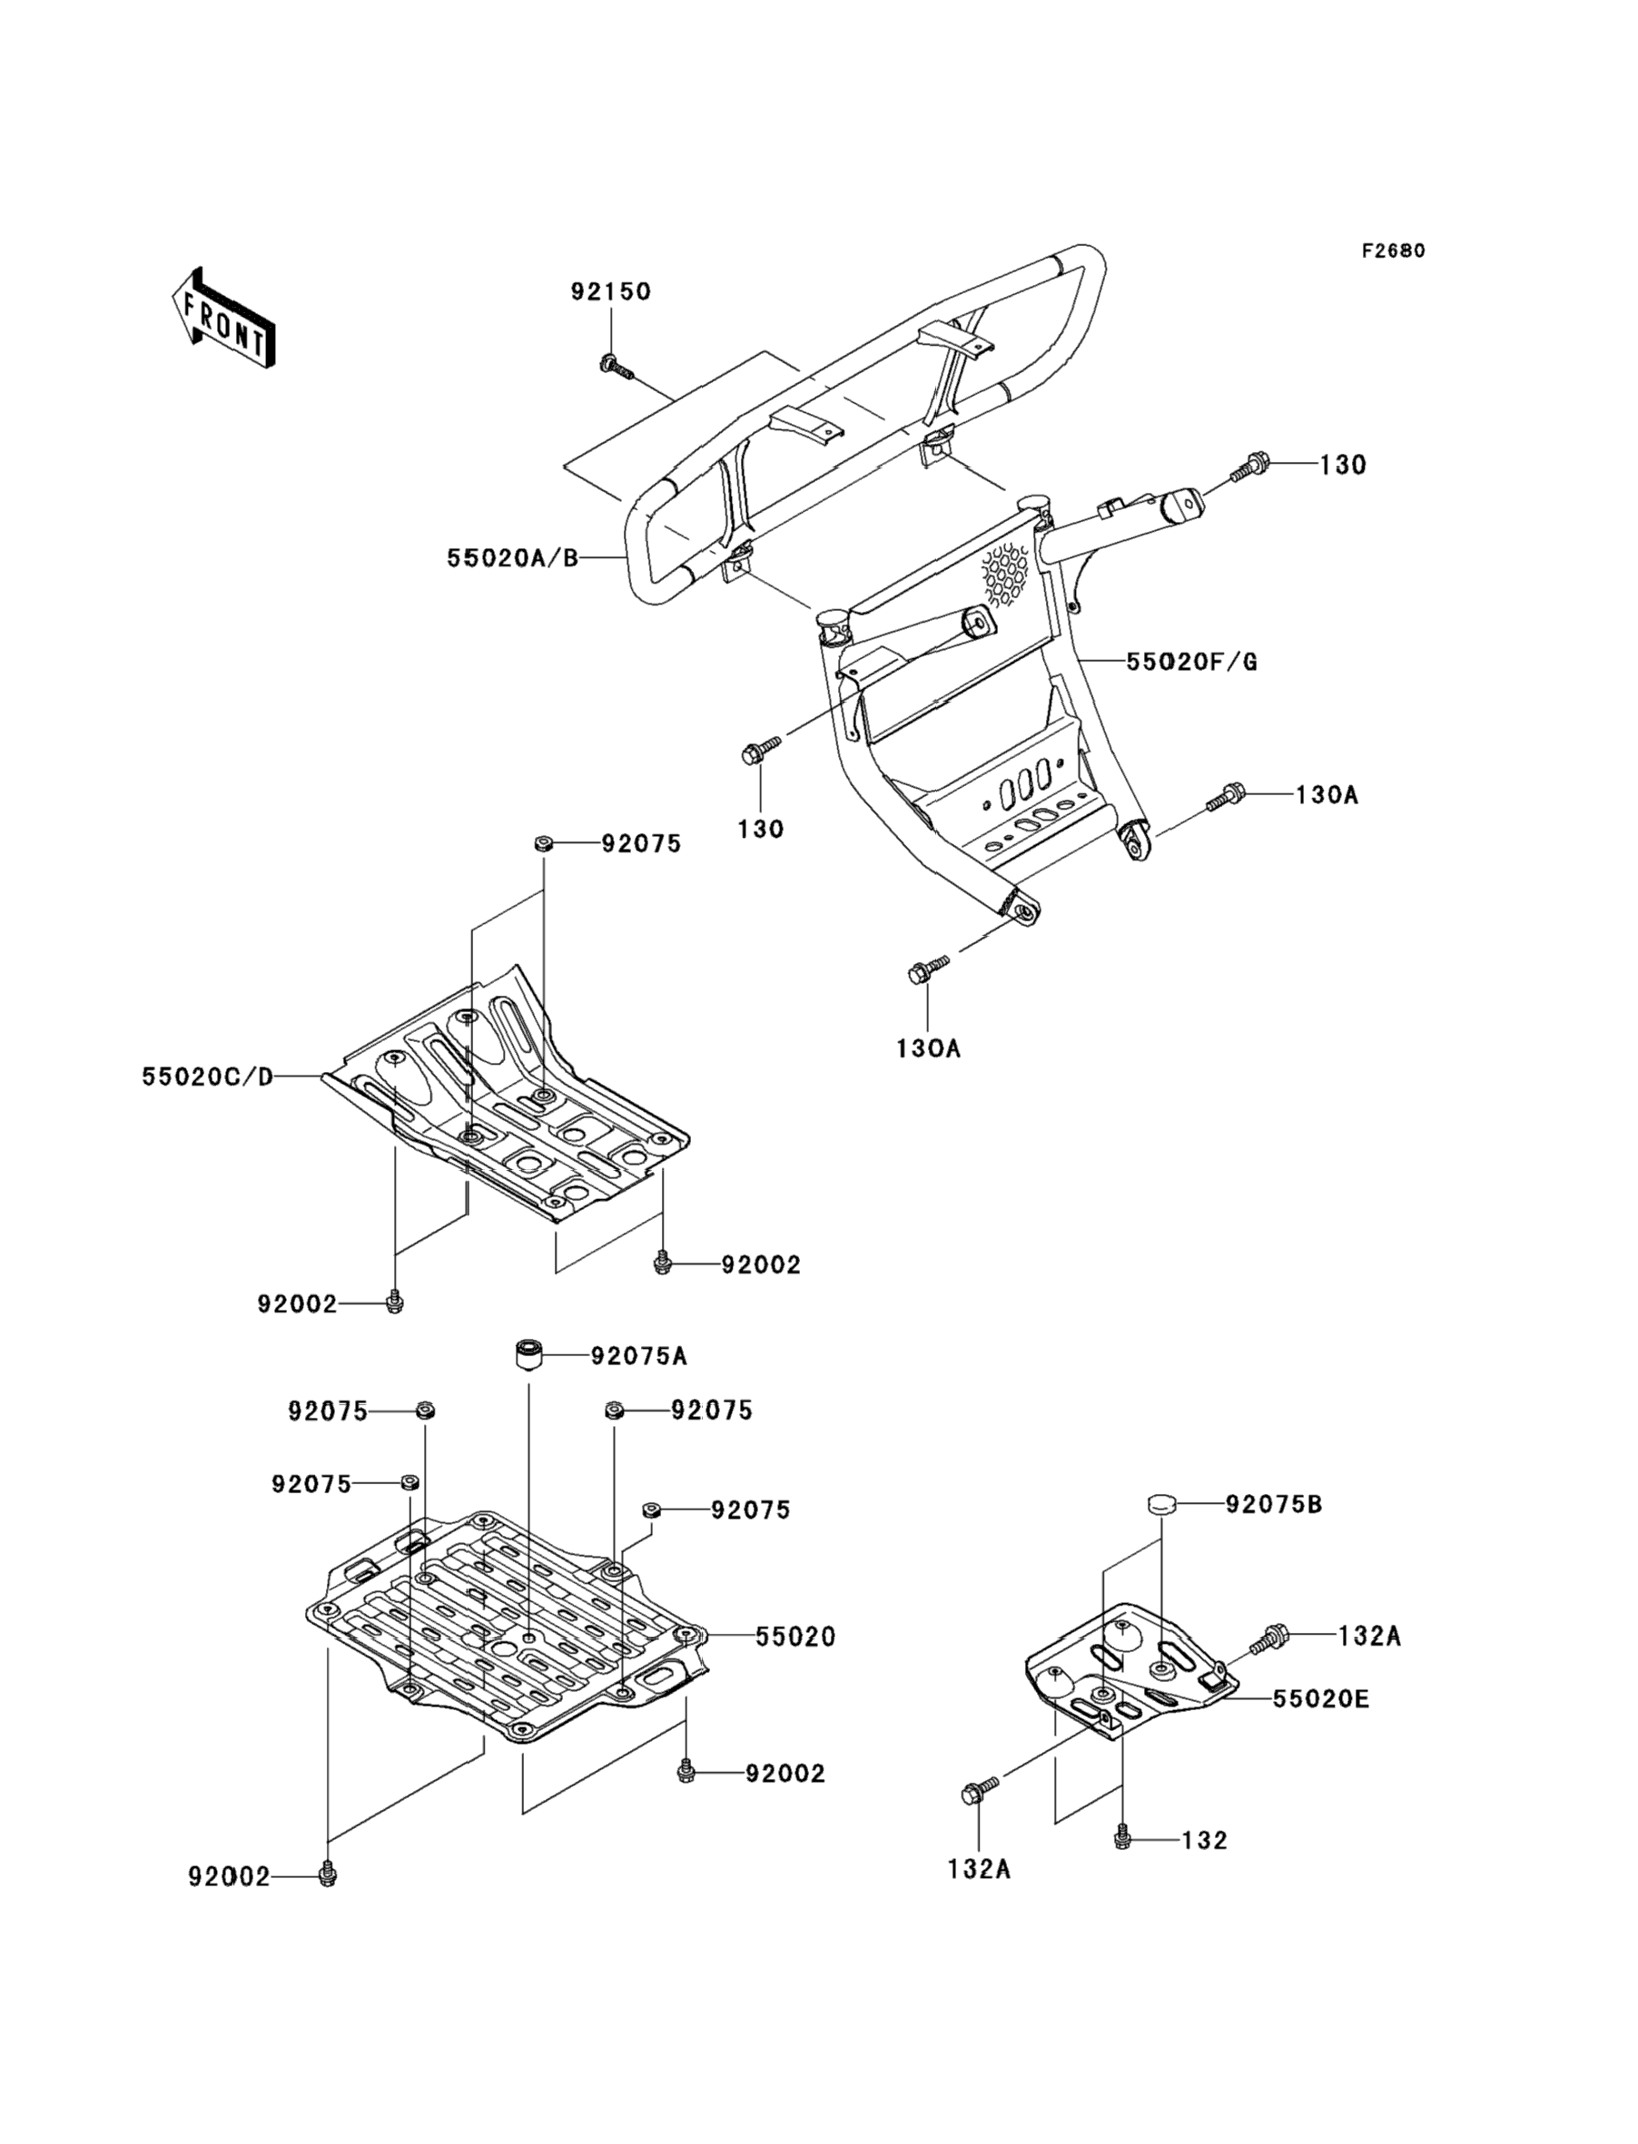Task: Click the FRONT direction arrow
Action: pyautogui.click(x=222, y=319)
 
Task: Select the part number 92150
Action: pyautogui.click(x=610, y=291)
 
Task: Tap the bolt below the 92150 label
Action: pyautogui.click(x=613, y=366)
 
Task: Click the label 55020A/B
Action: pyautogui.click(x=513, y=557)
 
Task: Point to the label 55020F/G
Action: pyautogui.click(x=1191, y=662)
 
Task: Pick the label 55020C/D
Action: pyautogui.click(x=208, y=1077)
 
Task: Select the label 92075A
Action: pyautogui.click(x=638, y=1355)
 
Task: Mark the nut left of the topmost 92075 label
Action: pyautogui.click(x=543, y=843)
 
